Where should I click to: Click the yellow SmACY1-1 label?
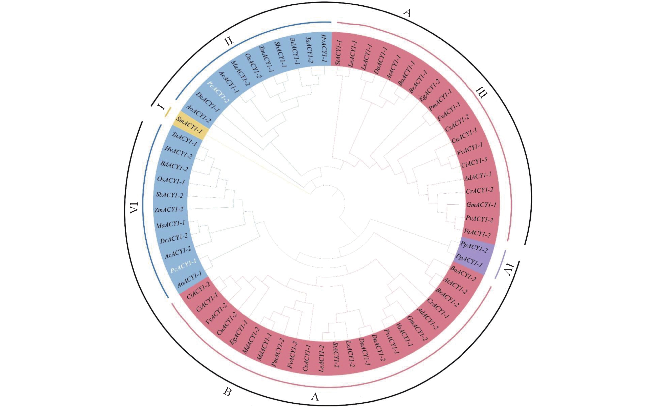click(x=189, y=125)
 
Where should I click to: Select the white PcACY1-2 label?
click(x=218, y=92)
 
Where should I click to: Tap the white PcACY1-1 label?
click(x=183, y=266)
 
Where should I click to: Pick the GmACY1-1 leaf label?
click(x=481, y=205)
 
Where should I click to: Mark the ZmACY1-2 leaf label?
click(x=169, y=209)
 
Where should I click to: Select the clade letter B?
click(x=227, y=392)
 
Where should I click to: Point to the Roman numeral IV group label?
click(x=509, y=270)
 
